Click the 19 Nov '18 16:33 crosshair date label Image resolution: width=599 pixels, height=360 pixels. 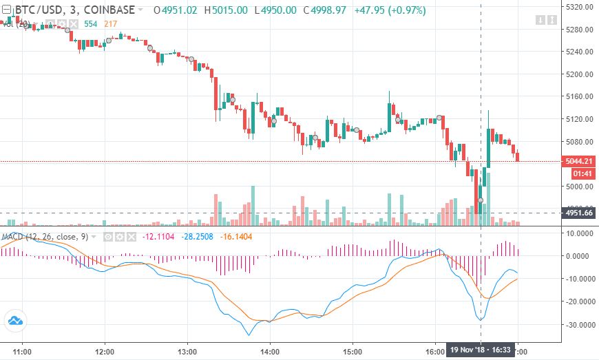click(480, 350)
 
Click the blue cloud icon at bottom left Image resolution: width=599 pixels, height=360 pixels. click(14, 320)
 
